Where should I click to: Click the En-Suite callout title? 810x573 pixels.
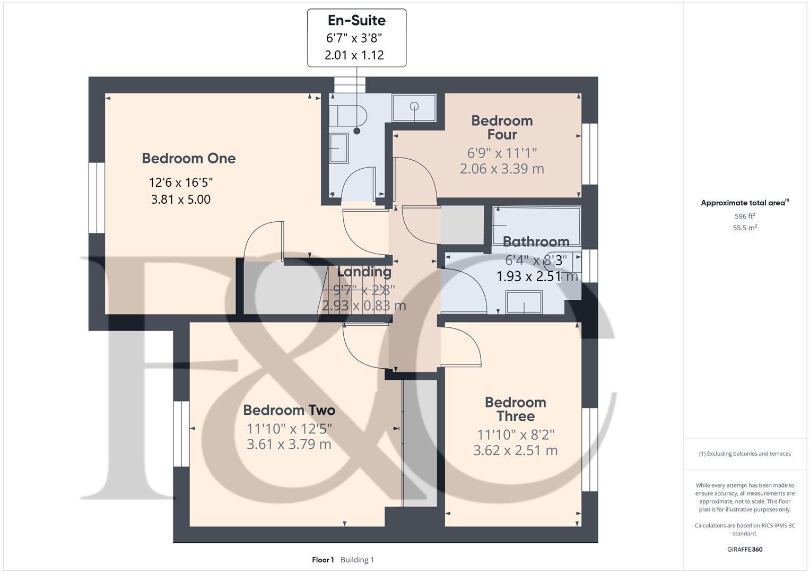pyautogui.click(x=356, y=21)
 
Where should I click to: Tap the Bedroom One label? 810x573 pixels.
pyautogui.click(x=188, y=158)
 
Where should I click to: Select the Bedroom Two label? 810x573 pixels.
pyautogui.click(x=289, y=410)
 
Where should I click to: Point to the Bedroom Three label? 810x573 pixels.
pyautogui.click(x=515, y=409)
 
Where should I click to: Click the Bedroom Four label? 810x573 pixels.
pyautogui.click(x=502, y=127)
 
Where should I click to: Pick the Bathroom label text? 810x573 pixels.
pyautogui.click(x=536, y=242)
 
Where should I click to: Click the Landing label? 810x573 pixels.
pyautogui.click(x=364, y=272)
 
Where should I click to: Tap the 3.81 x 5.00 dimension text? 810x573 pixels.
pyautogui.click(x=181, y=199)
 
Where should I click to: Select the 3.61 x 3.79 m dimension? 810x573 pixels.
pyautogui.click(x=289, y=444)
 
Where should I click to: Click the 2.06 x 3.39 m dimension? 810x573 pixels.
pyautogui.click(x=502, y=169)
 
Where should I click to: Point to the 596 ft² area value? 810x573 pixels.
pyautogui.click(x=745, y=216)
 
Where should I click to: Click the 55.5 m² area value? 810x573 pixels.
pyautogui.click(x=745, y=228)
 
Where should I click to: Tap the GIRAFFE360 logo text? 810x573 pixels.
pyautogui.click(x=745, y=549)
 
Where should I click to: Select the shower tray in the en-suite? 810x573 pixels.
pyautogui.click(x=414, y=108)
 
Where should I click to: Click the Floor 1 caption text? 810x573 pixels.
pyautogui.click(x=323, y=560)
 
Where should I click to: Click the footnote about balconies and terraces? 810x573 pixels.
pyautogui.click(x=745, y=454)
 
